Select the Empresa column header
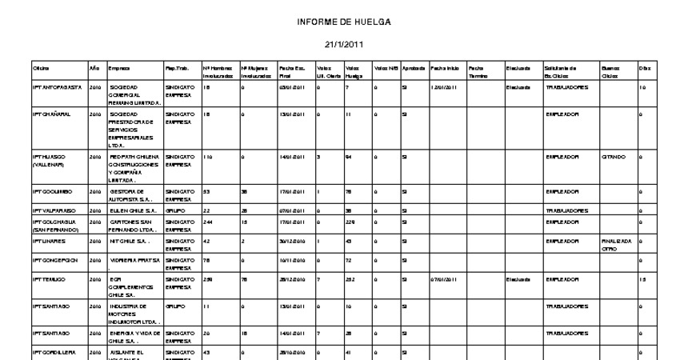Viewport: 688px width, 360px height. pyautogui.click(x=119, y=69)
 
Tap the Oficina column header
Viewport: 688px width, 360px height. pyautogui.click(x=42, y=69)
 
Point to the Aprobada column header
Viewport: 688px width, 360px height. pyautogui.click(x=414, y=69)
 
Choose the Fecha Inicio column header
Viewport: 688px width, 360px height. pyautogui.click(x=445, y=69)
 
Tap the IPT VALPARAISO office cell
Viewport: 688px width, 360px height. pyautogui.click(x=53, y=210)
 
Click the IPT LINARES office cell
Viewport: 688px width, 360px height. pyautogui.click(x=48, y=239)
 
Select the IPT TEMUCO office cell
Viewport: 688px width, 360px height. pyautogui.click(x=47, y=280)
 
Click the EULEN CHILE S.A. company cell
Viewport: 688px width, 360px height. pyautogui.click(x=132, y=210)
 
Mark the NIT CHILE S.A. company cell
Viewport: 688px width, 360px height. pyautogui.click(x=129, y=239)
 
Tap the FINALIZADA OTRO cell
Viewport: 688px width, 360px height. pyautogui.click(x=616, y=243)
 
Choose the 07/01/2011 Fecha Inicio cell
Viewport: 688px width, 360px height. pyautogui.click(x=443, y=280)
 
